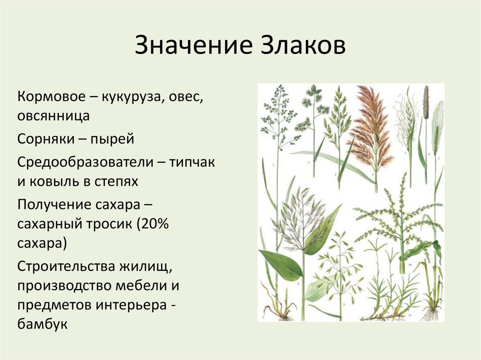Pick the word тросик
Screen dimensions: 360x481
click(108, 225)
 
